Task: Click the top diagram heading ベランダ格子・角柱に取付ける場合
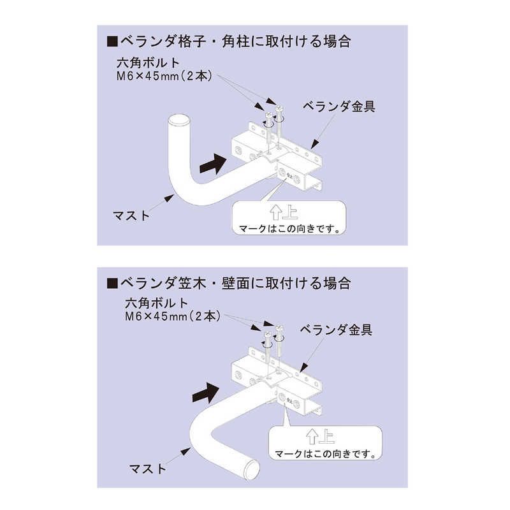(x=235, y=41)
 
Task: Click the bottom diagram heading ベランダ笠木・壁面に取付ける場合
(x=235, y=283)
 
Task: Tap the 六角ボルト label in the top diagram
(x=148, y=62)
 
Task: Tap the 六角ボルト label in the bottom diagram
(x=157, y=303)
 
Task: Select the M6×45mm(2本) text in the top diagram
(x=164, y=76)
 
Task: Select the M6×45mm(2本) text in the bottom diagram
(x=173, y=316)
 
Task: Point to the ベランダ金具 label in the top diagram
(x=339, y=106)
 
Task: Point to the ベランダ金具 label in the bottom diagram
(x=337, y=330)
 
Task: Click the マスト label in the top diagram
(x=131, y=215)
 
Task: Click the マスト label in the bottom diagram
(x=148, y=469)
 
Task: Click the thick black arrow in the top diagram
(x=213, y=163)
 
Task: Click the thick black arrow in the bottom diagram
(x=206, y=393)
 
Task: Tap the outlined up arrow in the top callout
(x=276, y=212)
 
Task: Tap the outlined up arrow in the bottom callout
(x=312, y=437)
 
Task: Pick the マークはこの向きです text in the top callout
(x=289, y=229)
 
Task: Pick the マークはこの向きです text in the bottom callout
(x=325, y=453)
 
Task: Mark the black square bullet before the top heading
(x=112, y=42)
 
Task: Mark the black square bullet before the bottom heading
(x=112, y=284)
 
